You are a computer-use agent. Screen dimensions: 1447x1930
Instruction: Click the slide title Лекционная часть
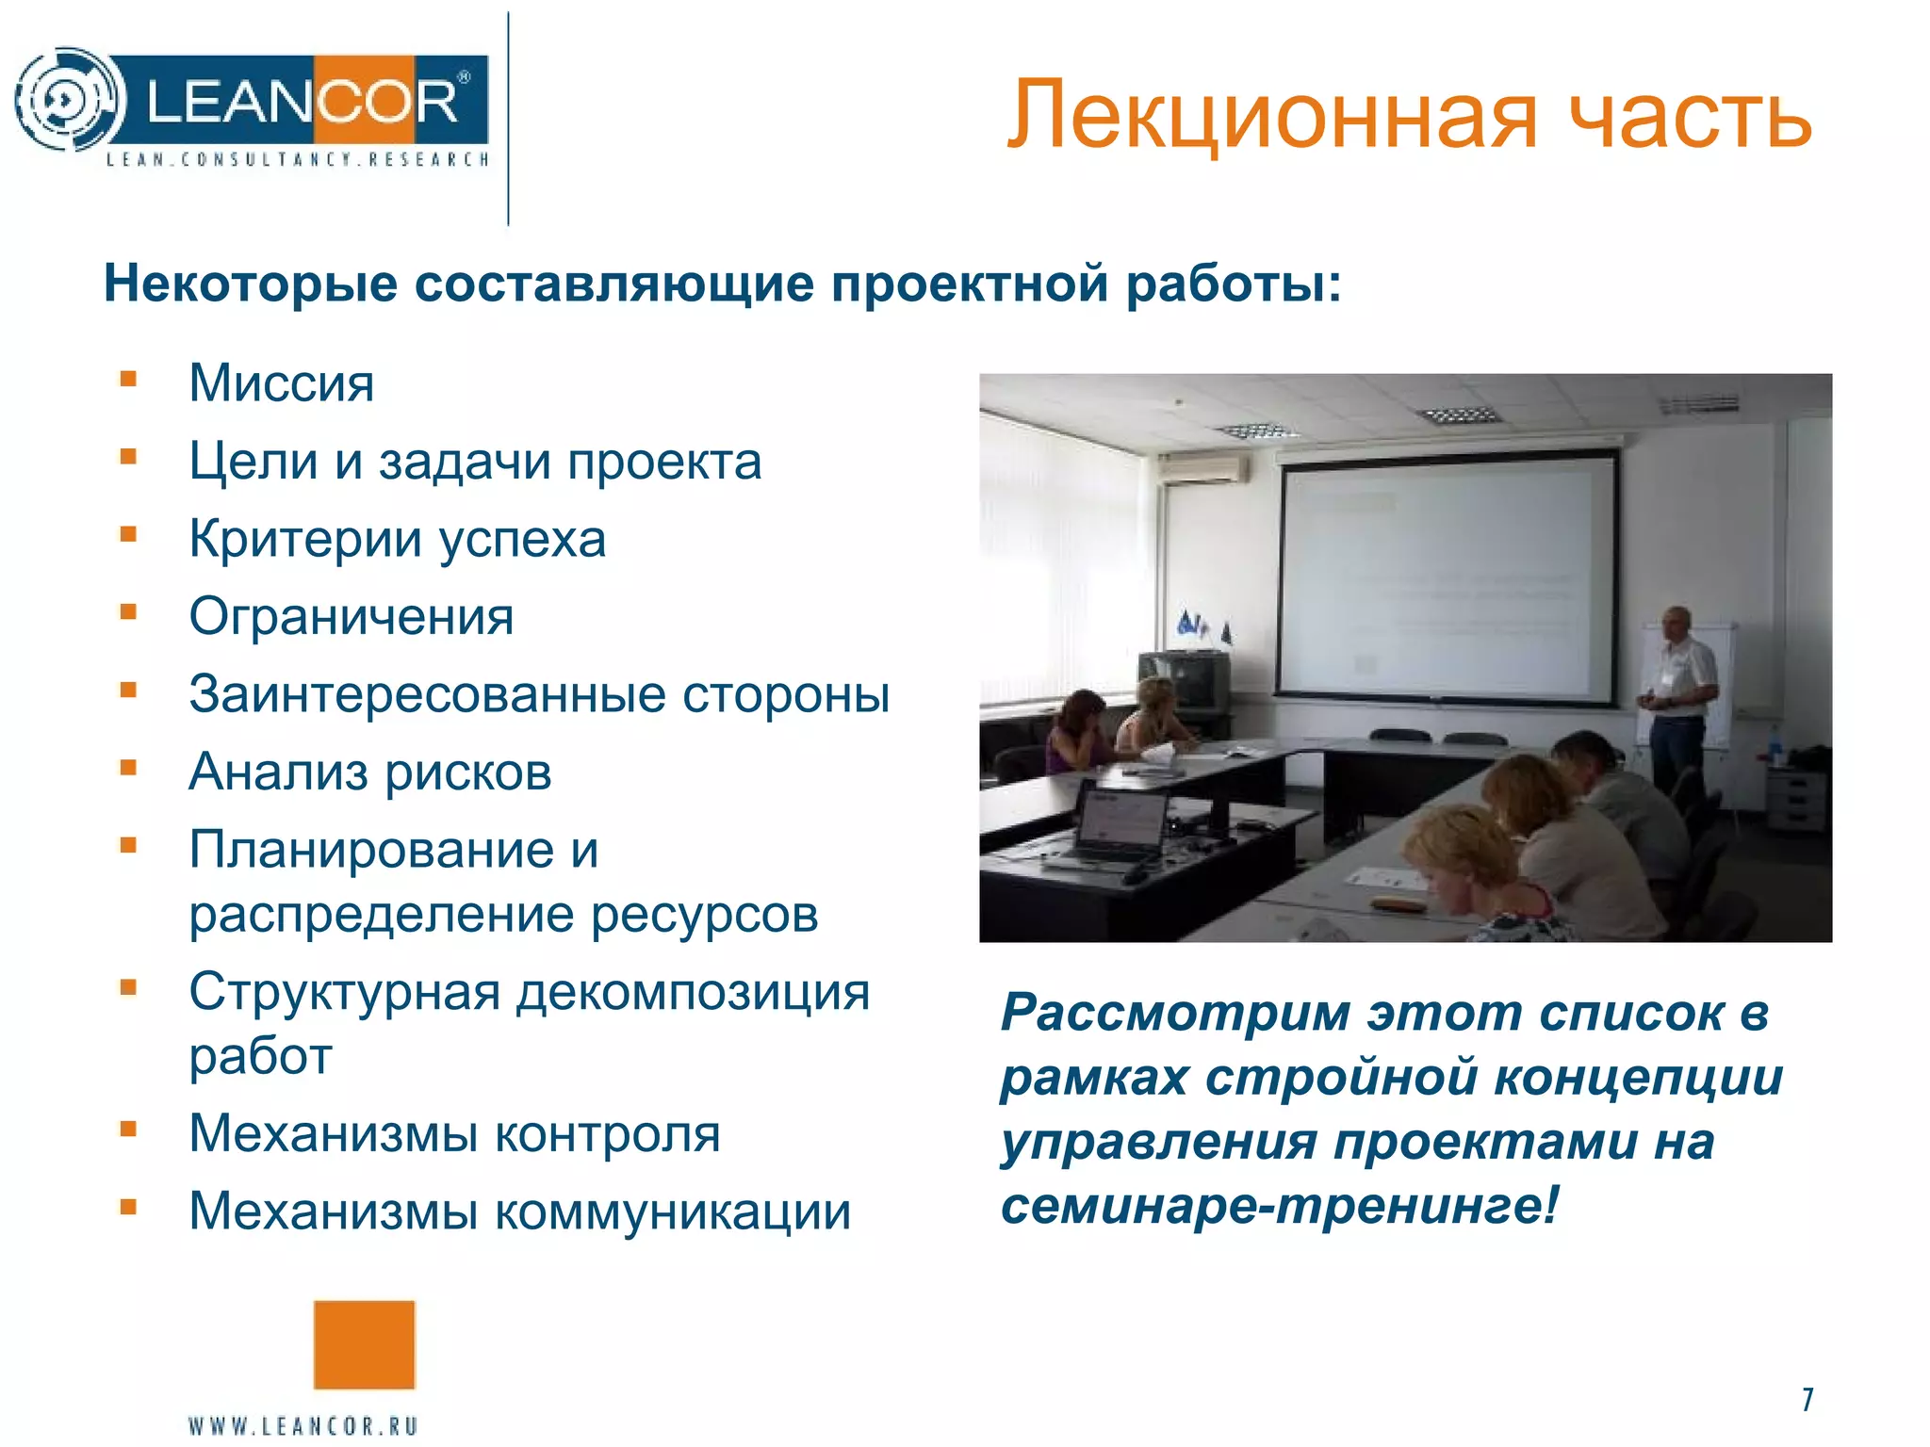click(1408, 115)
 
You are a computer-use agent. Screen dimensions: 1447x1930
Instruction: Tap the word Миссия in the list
click(281, 383)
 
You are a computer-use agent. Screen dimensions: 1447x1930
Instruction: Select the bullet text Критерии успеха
click(397, 540)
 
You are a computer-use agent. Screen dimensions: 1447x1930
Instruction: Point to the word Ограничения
click(351, 617)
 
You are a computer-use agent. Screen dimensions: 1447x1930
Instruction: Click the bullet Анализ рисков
click(369, 772)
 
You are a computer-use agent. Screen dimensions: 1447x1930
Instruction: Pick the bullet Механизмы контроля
click(454, 1133)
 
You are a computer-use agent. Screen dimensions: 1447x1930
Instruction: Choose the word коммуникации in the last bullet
click(673, 1211)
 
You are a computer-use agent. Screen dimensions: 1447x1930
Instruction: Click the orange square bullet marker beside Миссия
click(129, 380)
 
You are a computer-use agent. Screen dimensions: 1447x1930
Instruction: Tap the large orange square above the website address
click(364, 1344)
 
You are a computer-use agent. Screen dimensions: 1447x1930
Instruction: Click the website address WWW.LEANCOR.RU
click(303, 1425)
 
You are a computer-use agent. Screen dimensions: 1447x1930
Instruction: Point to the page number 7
click(1807, 1400)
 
